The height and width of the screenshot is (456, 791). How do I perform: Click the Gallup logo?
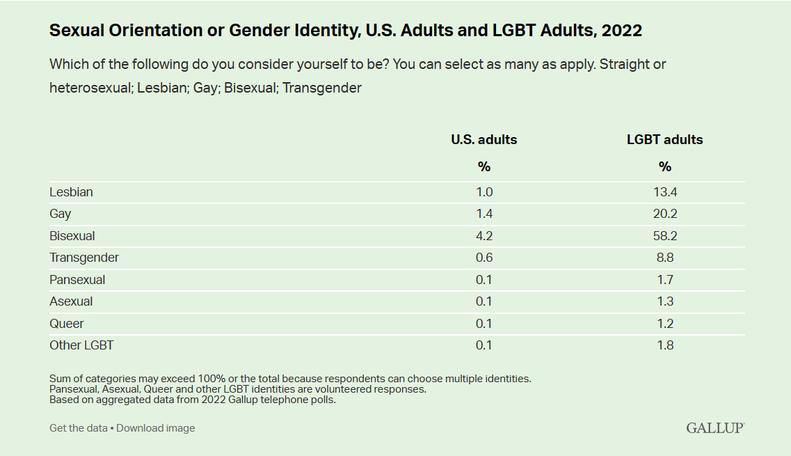[715, 427]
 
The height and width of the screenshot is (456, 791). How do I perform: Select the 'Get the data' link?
[78, 428]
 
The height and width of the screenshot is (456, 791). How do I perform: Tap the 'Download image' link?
[156, 428]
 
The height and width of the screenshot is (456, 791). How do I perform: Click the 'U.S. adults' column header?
[484, 139]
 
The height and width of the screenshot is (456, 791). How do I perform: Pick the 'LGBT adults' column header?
[665, 139]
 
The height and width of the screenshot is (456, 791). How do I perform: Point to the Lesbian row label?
[71, 192]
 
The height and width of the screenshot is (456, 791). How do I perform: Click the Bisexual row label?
[72, 236]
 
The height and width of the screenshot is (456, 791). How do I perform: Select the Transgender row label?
[84, 258]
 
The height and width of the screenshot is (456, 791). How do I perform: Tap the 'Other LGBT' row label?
[81, 345]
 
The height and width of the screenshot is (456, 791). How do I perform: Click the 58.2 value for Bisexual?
[666, 236]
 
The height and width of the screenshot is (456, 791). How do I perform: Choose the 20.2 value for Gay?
[666, 214]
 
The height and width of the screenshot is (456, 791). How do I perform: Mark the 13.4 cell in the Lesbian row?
[666, 192]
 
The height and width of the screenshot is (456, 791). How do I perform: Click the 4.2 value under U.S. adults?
[484, 236]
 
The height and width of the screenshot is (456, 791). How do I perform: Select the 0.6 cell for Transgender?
[484, 258]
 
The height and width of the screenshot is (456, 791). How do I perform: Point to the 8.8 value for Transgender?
[666, 258]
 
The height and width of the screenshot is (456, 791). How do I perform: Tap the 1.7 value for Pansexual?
[666, 280]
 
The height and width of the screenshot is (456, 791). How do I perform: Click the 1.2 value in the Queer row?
[666, 324]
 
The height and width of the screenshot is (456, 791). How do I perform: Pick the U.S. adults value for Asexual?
[484, 301]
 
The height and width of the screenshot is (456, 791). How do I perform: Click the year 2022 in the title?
[621, 31]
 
